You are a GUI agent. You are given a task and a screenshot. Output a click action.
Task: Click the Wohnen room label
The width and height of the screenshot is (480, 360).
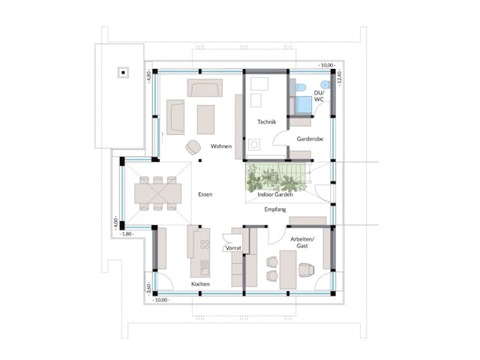[220, 146]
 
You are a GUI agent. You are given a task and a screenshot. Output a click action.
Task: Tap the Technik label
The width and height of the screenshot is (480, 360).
[267, 121]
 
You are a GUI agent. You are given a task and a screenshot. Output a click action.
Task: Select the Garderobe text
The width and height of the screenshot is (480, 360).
[309, 139]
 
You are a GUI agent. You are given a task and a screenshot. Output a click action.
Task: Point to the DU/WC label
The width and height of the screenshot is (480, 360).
[319, 95]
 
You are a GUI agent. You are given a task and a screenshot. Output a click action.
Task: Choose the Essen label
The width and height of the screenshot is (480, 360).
[205, 194]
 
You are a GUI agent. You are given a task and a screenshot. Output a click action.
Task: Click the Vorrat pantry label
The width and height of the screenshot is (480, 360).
[232, 247]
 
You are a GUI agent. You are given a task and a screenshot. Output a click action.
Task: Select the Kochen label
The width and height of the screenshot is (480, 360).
[200, 285]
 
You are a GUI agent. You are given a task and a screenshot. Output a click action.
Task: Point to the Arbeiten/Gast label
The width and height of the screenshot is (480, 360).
[303, 241]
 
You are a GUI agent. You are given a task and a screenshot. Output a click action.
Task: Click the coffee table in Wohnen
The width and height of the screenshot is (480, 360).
[205, 117]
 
